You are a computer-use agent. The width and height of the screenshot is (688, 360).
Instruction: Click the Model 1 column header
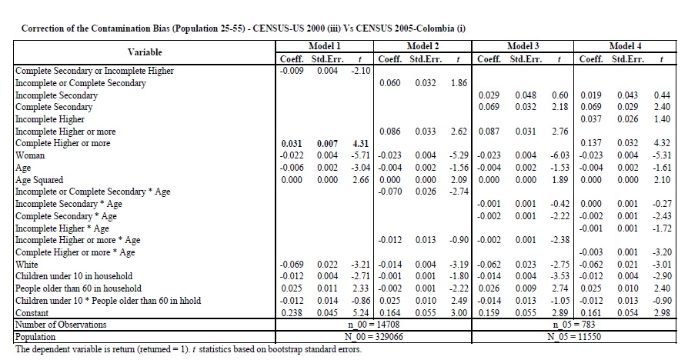[324, 47]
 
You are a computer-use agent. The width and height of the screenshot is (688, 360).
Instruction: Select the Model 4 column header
[626, 47]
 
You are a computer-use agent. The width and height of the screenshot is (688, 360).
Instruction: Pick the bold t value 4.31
[360, 144]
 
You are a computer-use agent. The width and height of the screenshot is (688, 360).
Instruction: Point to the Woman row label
[31, 155]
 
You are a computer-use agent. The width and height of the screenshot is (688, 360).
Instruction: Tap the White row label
[28, 264]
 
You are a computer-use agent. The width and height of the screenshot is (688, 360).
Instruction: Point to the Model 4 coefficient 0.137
[591, 144]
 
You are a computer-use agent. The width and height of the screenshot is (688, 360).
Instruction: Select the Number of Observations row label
[62, 325]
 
